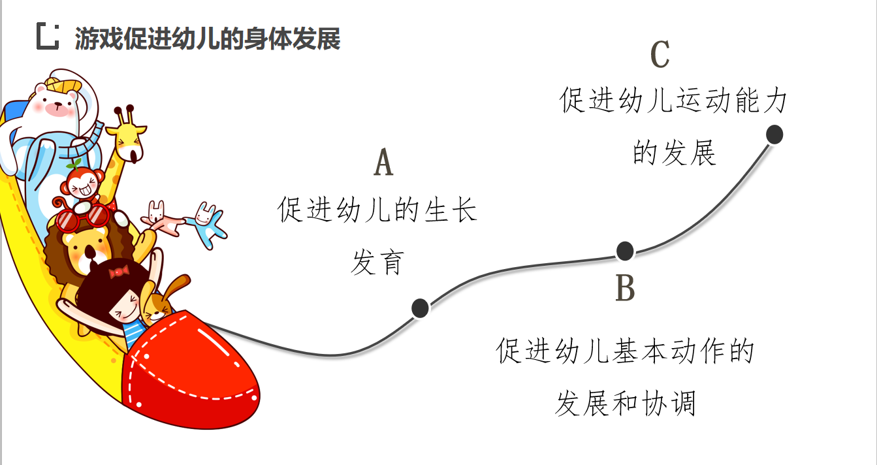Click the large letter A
(383, 163)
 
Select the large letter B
(625, 288)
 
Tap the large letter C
(660, 55)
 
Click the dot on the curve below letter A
(420, 308)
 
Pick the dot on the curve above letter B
(625, 250)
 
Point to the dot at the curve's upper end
(774, 135)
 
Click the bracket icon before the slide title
(48, 36)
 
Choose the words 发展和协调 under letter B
(625, 403)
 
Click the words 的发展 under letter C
(674, 153)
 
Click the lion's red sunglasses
(82, 217)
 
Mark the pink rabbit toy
(161, 218)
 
